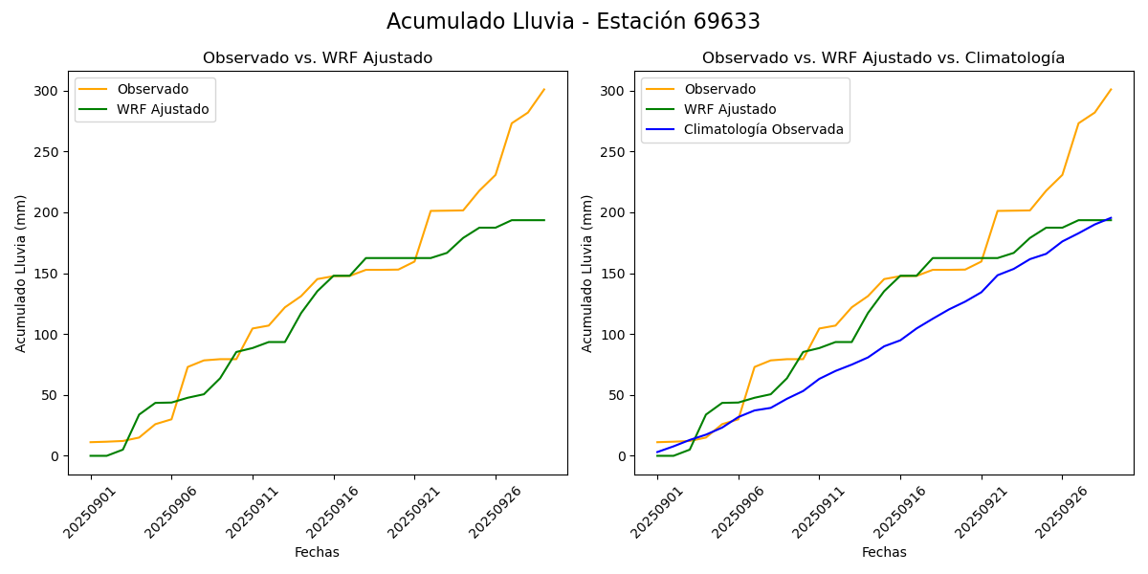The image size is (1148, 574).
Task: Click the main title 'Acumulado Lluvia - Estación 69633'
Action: pyautogui.click(x=573, y=22)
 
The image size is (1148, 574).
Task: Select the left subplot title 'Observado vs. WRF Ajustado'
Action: pyautogui.click(x=318, y=58)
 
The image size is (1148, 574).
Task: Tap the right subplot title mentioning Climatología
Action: pyautogui.click(x=883, y=58)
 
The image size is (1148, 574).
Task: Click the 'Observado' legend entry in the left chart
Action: pyautogui.click(x=152, y=89)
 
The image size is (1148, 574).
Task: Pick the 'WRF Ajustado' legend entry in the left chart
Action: pyautogui.click(x=163, y=109)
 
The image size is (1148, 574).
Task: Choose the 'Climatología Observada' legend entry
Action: pyautogui.click(x=763, y=129)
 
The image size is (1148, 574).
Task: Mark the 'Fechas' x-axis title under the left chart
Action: pyautogui.click(x=317, y=552)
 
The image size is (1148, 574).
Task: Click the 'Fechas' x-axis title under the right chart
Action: pyautogui.click(x=884, y=552)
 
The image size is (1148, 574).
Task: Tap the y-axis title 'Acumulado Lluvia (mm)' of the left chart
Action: pyautogui.click(x=21, y=273)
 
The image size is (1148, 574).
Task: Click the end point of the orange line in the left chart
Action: pyautogui.click(x=544, y=89)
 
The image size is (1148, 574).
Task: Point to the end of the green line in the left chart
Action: pyautogui.click(x=544, y=220)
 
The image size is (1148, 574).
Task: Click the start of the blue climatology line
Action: pyautogui.click(x=657, y=452)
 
